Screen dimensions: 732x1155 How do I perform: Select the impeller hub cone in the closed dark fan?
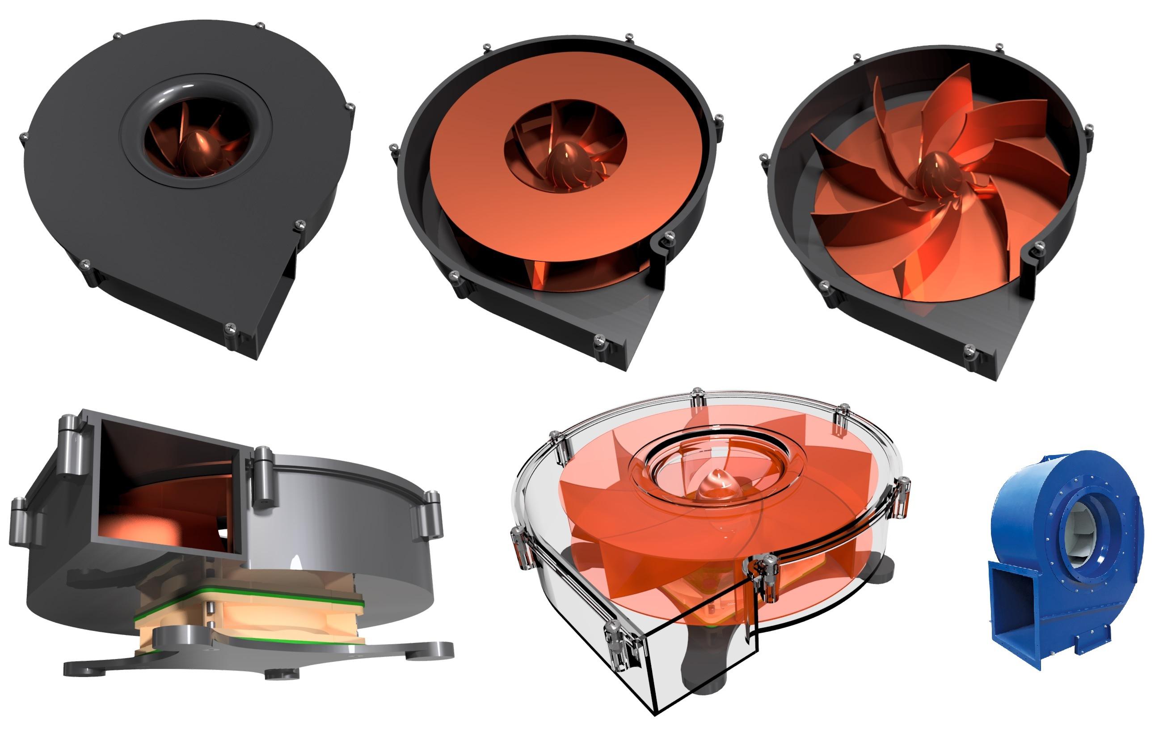tap(198, 146)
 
